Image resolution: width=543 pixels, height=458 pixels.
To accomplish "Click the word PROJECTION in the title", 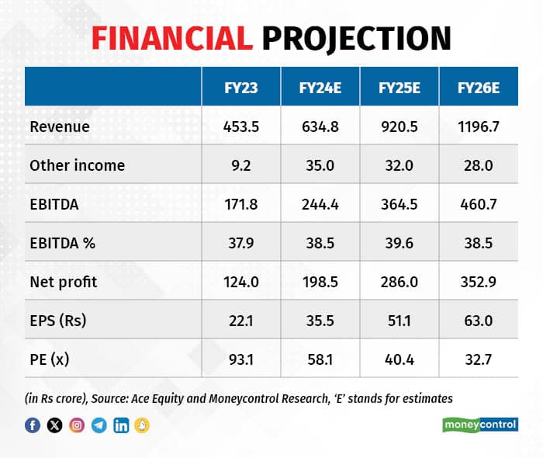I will click(356, 38).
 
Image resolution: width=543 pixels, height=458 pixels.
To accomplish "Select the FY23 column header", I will click(240, 88).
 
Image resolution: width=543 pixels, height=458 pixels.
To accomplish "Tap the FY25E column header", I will click(399, 88).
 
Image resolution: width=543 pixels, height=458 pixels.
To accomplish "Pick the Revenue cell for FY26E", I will click(479, 127).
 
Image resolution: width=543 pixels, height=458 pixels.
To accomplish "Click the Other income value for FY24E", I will click(320, 165).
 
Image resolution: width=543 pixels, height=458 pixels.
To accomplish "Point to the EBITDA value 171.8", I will click(240, 204).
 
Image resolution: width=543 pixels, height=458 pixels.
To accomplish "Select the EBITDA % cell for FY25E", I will click(399, 243).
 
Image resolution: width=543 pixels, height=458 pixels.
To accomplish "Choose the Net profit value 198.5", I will click(320, 282).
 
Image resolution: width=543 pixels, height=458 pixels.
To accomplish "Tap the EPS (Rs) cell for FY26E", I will click(479, 321).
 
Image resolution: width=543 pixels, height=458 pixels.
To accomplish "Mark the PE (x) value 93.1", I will click(240, 359).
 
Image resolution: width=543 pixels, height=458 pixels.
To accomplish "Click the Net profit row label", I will click(64, 282).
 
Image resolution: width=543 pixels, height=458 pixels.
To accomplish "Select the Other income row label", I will click(77, 165).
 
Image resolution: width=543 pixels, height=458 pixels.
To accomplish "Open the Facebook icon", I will click(33, 425).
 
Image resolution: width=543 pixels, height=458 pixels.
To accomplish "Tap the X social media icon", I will click(54, 425).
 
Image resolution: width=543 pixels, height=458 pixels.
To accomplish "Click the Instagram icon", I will click(77, 425).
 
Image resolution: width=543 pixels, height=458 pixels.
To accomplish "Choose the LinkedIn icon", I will click(121, 425).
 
